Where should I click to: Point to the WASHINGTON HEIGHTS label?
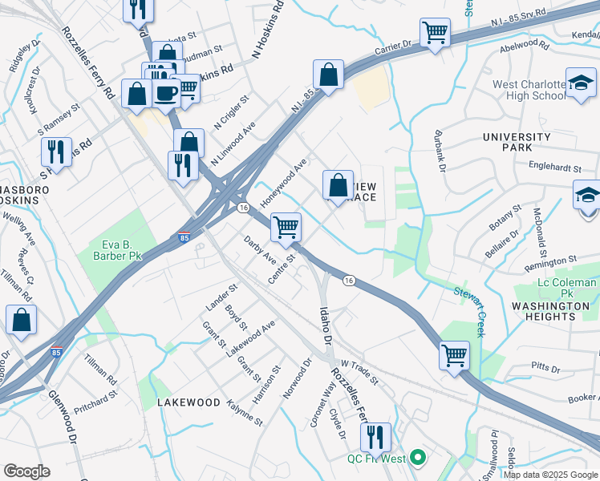click(x=550, y=311)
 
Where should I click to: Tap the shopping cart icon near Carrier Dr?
click(x=435, y=33)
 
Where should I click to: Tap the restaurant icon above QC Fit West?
click(x=375, y=436)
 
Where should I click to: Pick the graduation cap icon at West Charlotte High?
click(x=580, y=83)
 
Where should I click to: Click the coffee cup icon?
click(x=167, y=92)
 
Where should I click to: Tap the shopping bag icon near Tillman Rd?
click(x=21, y=319)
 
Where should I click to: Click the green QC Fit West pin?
click(x=416, y=459)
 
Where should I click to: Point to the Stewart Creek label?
click(x=469, y=312)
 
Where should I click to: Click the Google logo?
click(x=26, y=471)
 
